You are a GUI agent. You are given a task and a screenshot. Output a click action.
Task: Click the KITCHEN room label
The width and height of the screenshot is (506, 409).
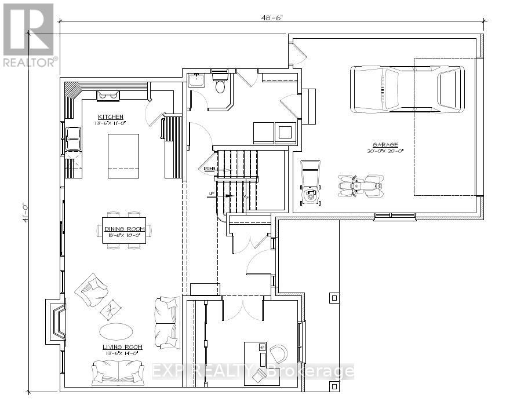[x=110, y=117]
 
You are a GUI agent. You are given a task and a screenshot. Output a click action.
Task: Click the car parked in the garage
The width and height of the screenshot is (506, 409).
[x=407, y=90]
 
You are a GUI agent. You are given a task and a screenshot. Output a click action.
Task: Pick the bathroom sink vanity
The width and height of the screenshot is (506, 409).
[x=196, y=80]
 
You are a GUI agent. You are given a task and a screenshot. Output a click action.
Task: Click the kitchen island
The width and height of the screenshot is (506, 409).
[x=123, y=156]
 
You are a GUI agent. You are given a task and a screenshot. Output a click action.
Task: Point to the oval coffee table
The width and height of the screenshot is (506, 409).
[x=116, y=331]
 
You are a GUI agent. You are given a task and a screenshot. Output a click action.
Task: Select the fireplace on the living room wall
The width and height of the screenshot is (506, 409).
[x=58, y=320]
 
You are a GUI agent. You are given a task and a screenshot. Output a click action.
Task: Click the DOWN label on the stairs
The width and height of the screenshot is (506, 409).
[x=209, y=169]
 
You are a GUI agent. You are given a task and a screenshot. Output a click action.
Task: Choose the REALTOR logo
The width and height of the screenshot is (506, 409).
[x=28, y=35]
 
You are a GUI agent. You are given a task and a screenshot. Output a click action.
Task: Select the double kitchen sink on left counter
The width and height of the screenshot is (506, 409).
[x=74, y=139]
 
